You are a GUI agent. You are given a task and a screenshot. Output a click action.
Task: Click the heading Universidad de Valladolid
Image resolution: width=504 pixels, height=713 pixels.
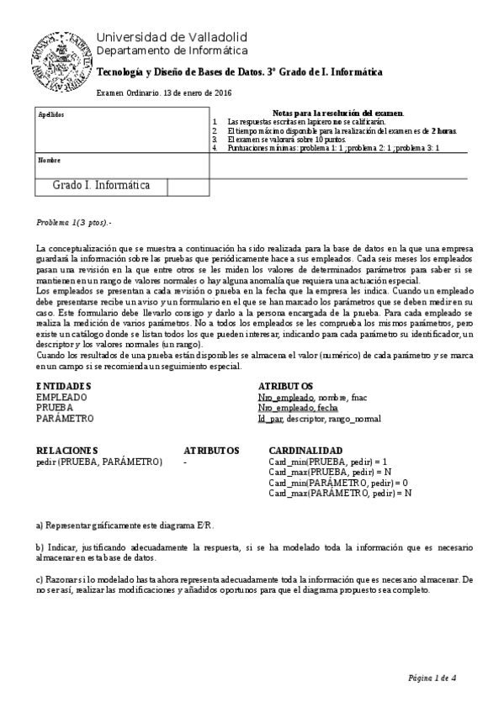172,37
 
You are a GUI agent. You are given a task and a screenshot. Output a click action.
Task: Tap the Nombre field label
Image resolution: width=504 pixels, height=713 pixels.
50,160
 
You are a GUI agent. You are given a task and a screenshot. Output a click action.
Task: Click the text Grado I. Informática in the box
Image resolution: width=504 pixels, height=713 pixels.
101,185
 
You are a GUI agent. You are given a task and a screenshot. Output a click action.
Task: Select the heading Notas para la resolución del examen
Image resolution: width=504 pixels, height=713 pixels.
338,113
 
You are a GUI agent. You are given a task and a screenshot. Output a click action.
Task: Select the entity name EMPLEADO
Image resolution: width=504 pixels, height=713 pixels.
61,396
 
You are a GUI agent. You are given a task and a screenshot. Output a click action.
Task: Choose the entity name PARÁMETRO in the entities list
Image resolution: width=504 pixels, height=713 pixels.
66,418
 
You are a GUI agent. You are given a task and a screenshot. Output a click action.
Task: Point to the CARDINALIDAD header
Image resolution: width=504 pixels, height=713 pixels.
305,450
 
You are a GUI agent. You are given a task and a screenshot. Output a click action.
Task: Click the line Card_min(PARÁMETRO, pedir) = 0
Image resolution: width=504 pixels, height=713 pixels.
335,483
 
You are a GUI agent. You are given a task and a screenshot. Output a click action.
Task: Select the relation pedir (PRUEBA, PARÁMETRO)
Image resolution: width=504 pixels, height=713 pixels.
99,462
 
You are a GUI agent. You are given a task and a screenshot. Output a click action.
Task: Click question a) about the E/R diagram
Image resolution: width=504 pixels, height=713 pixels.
125,526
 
